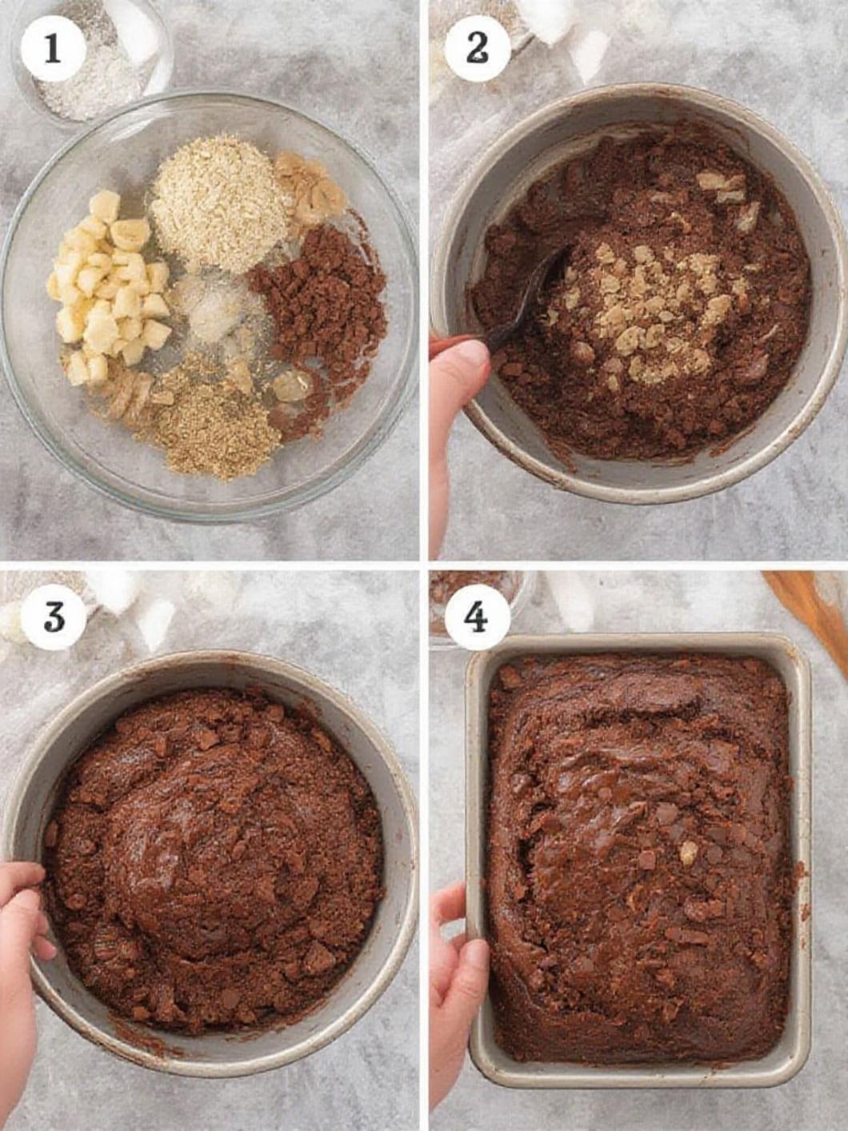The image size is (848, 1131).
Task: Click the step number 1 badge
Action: pos(53,50)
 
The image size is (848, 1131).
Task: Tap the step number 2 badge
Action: pos(478,50)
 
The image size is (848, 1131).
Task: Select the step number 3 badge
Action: pos(53,617)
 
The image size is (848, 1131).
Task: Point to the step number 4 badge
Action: pos(478,617)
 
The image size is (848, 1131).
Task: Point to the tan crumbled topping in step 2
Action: pos(654,310)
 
